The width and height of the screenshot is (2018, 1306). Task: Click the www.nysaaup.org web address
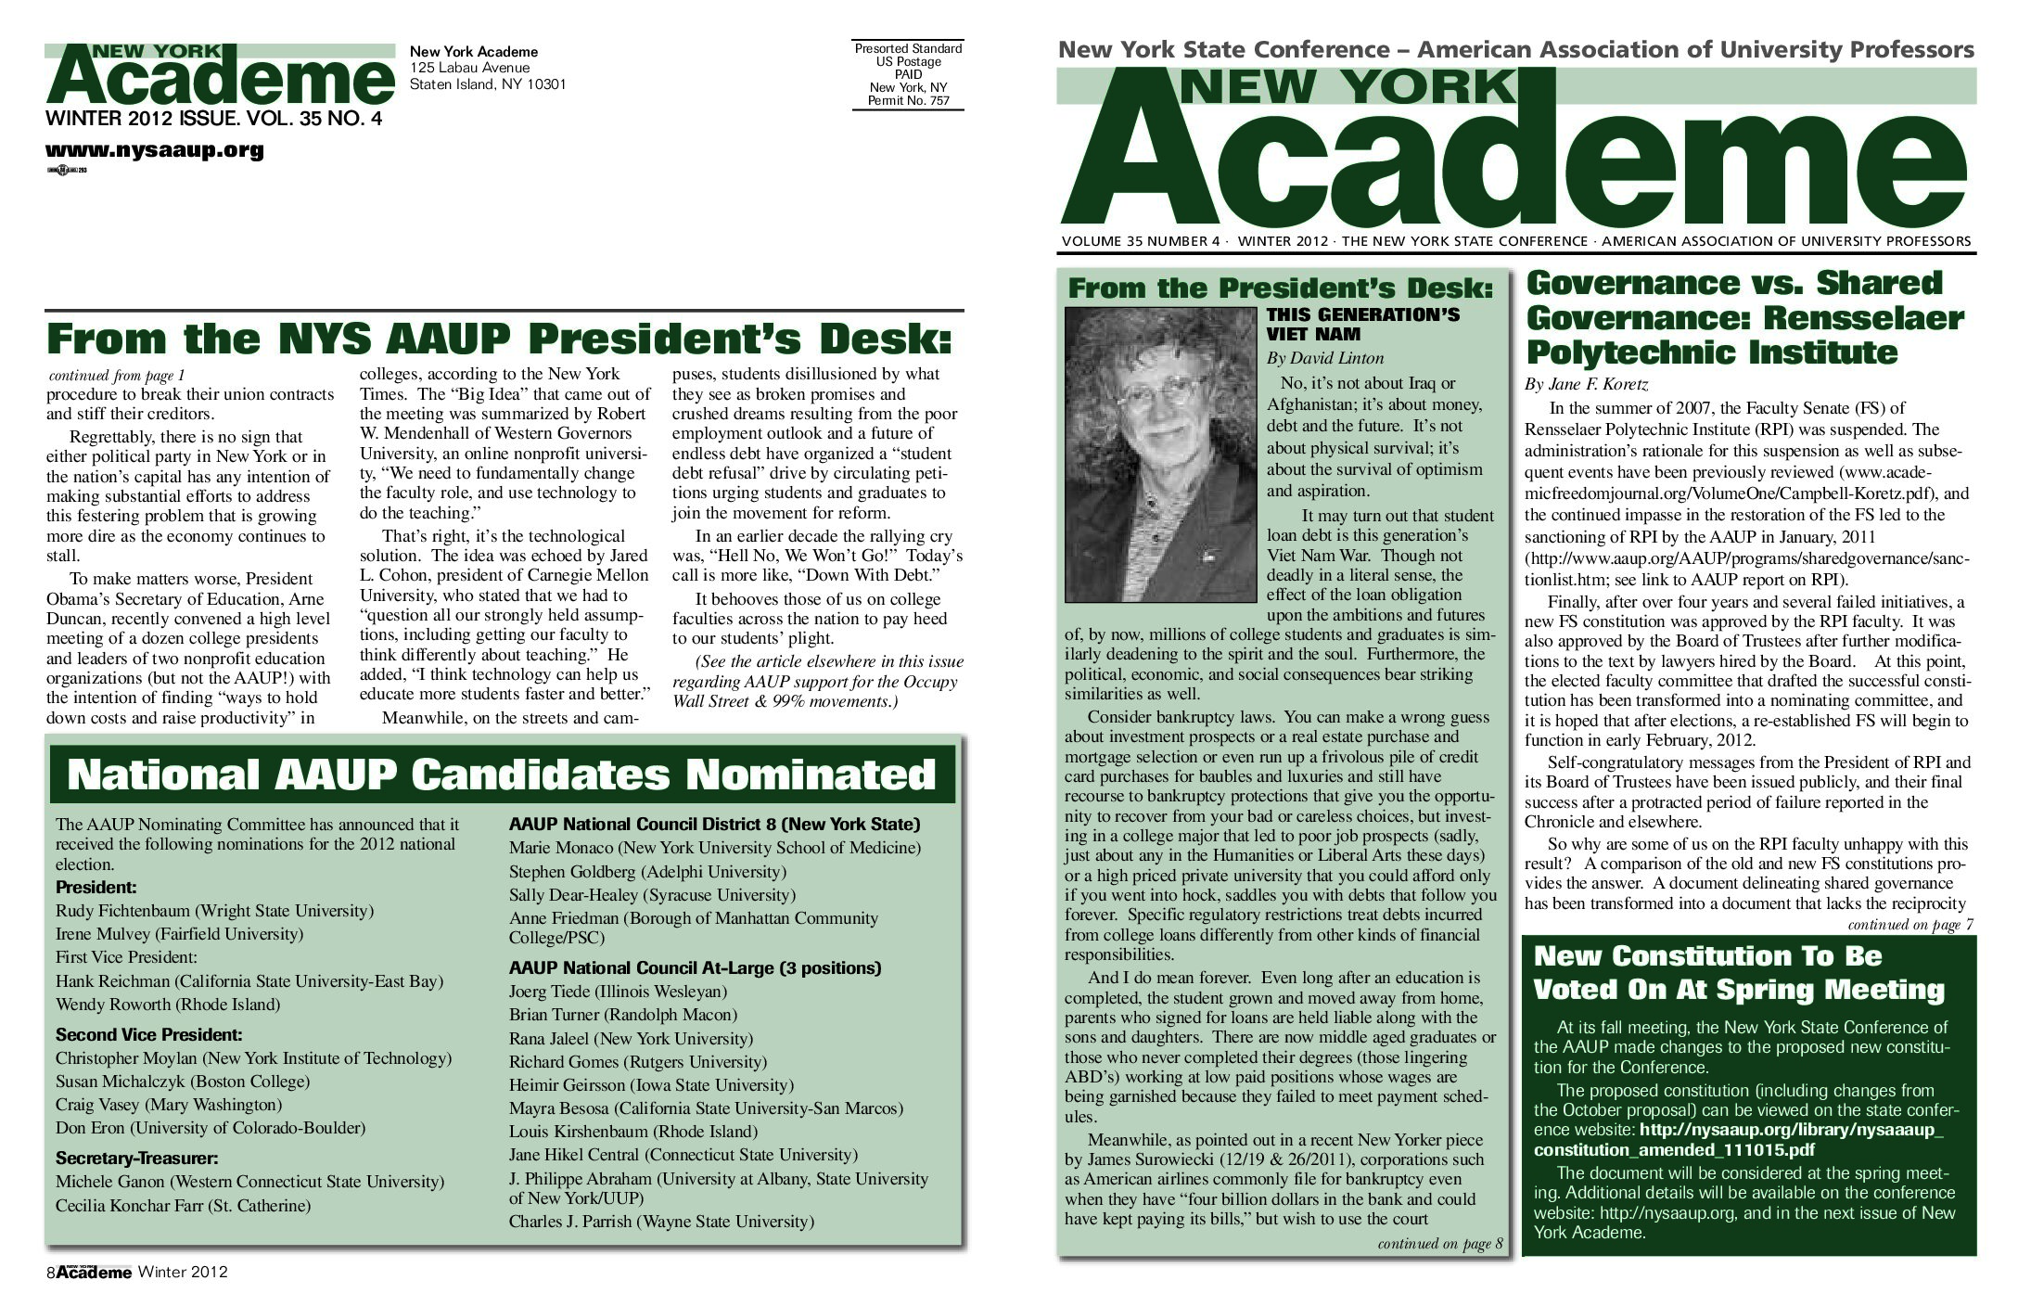click(x=155, y=150)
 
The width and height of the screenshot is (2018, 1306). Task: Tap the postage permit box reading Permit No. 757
click(x=908, y=75)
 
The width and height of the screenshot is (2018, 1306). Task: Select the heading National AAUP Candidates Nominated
click(x=502, y=775)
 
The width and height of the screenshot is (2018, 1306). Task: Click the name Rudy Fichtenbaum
click(x=122, y=911)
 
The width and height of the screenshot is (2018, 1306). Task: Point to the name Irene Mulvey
click(x=102, y=934)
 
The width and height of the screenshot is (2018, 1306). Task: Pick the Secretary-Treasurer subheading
click(x=136, y=1159)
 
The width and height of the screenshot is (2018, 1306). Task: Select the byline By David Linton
click(x=1324, y=358)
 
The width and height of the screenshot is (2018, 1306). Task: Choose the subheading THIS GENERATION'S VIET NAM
click(x=1362, y=325)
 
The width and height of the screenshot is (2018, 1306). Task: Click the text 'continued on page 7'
click(x=1909, y=925)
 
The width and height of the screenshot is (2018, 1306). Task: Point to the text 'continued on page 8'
click(x=1439, y=1244)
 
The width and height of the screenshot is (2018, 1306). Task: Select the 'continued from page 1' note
click(x=117, y=376)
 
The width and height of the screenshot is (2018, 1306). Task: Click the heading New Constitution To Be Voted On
click(x=1738, y=973)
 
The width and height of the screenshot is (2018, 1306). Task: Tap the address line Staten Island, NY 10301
click(x=488, y=84)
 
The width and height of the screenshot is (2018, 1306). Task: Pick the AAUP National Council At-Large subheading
click(x=695, y=968)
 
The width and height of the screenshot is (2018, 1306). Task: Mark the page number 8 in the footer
click(x=50, y=1274)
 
